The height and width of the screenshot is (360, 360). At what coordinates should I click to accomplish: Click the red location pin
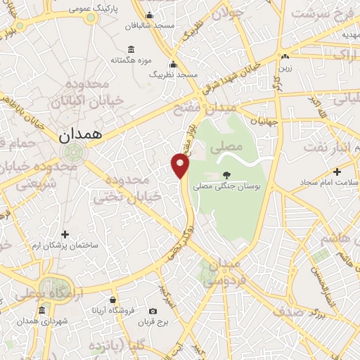pos(181,165)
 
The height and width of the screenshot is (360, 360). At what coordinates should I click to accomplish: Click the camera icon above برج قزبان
pos(153,311)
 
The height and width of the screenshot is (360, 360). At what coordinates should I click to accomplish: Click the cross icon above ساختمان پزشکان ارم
pos(65,234)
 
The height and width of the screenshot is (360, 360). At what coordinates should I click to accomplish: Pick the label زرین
pos(284,69)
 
